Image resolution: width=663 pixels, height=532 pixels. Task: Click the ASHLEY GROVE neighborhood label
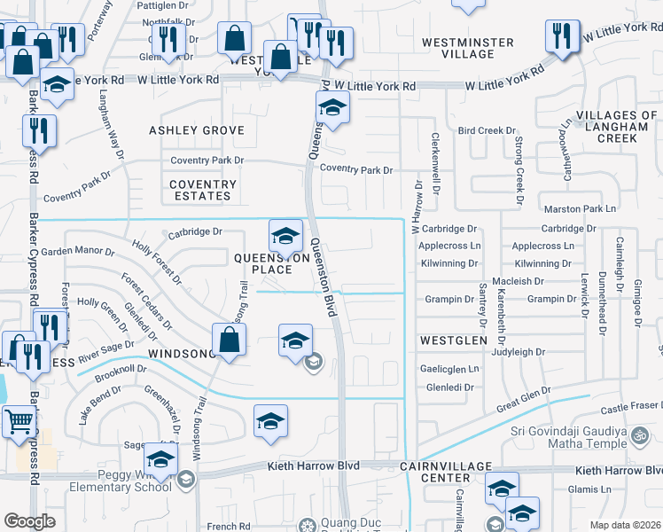(x=196, y=130)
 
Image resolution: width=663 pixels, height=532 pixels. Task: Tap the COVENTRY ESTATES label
(x=203, y=191)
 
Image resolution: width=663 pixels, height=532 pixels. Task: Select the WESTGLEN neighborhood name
(x=454, y=340)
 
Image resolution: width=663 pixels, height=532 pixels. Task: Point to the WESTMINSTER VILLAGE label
(x=467, y=48)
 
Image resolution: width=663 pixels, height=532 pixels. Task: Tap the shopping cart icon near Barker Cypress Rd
(x=18, y=421)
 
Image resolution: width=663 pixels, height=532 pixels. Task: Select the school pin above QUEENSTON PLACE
(x=285, y=237)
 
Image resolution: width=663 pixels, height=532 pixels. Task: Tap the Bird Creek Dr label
(x=480, y=130)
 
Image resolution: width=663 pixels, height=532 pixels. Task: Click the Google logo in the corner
(x=29, y=520)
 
